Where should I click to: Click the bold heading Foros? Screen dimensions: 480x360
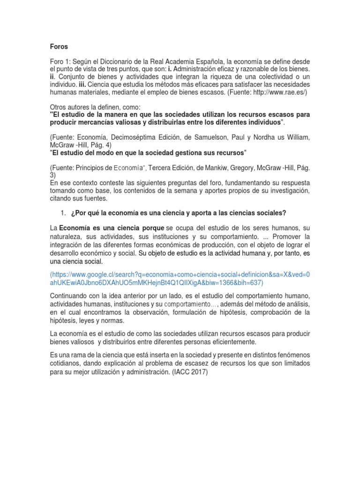(59, 46)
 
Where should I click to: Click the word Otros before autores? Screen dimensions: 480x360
(59, 107)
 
